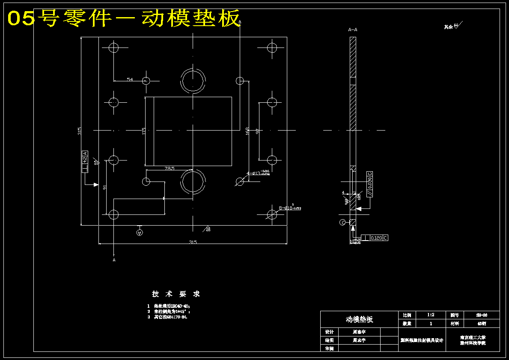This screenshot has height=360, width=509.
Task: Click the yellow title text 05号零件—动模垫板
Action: pyautogui.click(x=124, y=18)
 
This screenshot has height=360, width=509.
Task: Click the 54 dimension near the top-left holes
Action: pyautogui.click(x=130, y=80)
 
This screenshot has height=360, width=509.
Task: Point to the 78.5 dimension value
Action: pyautogui.click(x=170, y=169)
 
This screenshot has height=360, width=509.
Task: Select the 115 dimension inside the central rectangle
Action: pyautogui.click(x=144, y=130)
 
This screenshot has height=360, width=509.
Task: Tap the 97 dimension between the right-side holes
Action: pyautogui.click(x=257, y=131)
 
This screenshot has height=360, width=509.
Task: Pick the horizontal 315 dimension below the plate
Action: pyautogui.click(x=193, y=242)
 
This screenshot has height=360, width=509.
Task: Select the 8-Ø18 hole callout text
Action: pyautogui.click(x=290, y=208)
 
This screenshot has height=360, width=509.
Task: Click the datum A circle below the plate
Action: pyautogui.click(x=139, y=232)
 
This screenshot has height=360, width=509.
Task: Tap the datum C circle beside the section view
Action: pyautogui.click(x=342, y=222)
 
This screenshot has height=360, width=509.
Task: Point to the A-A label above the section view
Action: pyautogui.click(x=353, y=30)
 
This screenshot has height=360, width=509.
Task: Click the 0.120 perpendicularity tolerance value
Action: pyautogui.click(x=376, y=238)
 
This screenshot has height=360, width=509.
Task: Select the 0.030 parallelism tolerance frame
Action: pyautogui.click(x=370, y=184)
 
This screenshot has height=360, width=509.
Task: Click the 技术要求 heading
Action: pyautogui.click(x=176, y=294)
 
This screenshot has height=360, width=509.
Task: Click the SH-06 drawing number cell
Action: pyautogui.click(x=482, y=315)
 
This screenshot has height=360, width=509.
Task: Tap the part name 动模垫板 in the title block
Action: pyautogui.click(x=359, y=319)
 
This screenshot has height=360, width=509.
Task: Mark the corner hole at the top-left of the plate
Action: pyautogui.click(x=113, y=47)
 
